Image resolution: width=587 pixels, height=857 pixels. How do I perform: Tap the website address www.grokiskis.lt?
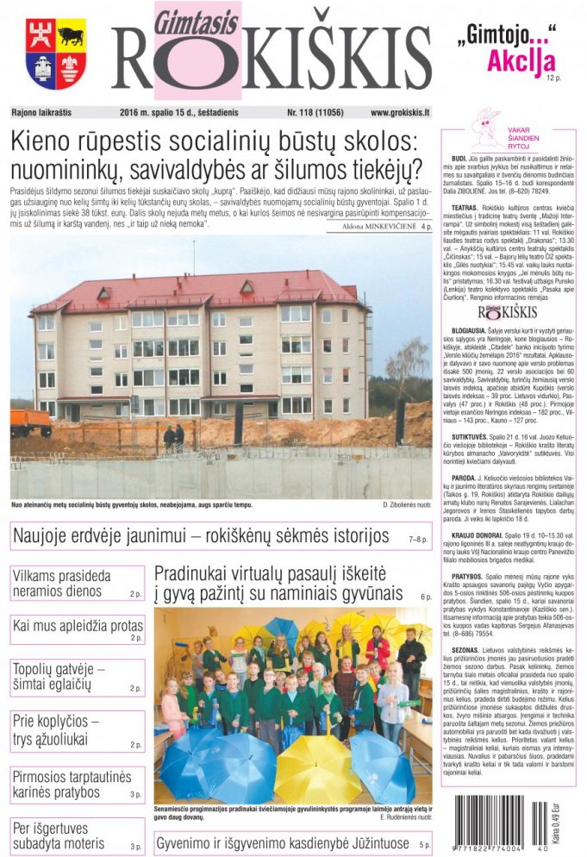pos(401,112)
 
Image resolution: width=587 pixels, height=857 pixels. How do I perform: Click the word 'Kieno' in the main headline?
pos(43,141)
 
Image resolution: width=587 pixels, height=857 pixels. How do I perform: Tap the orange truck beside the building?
pos(30,422)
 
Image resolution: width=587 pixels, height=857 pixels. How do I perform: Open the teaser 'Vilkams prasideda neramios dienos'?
pos(62,583)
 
